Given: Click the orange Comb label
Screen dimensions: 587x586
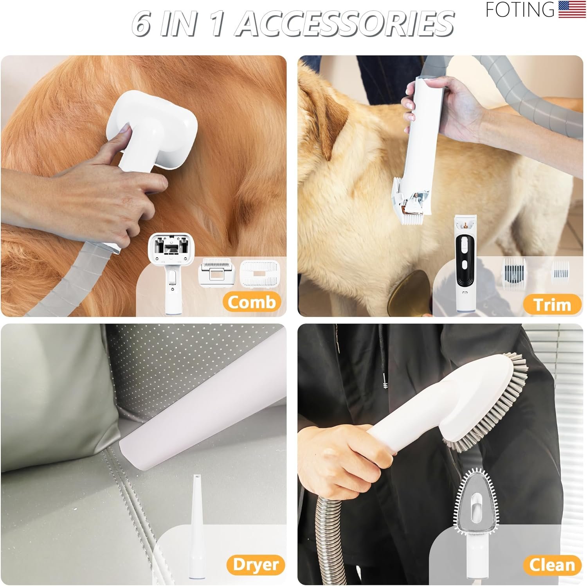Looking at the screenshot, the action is [252, 302].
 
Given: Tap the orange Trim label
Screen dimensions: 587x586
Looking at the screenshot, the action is [552, 305].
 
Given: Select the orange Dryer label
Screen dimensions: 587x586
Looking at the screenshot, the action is [256, 564].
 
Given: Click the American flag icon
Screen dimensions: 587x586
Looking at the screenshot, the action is [572, 9].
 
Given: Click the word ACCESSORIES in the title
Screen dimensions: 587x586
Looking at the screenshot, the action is [346, 23].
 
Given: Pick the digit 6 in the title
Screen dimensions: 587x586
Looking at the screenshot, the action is [143, 23].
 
